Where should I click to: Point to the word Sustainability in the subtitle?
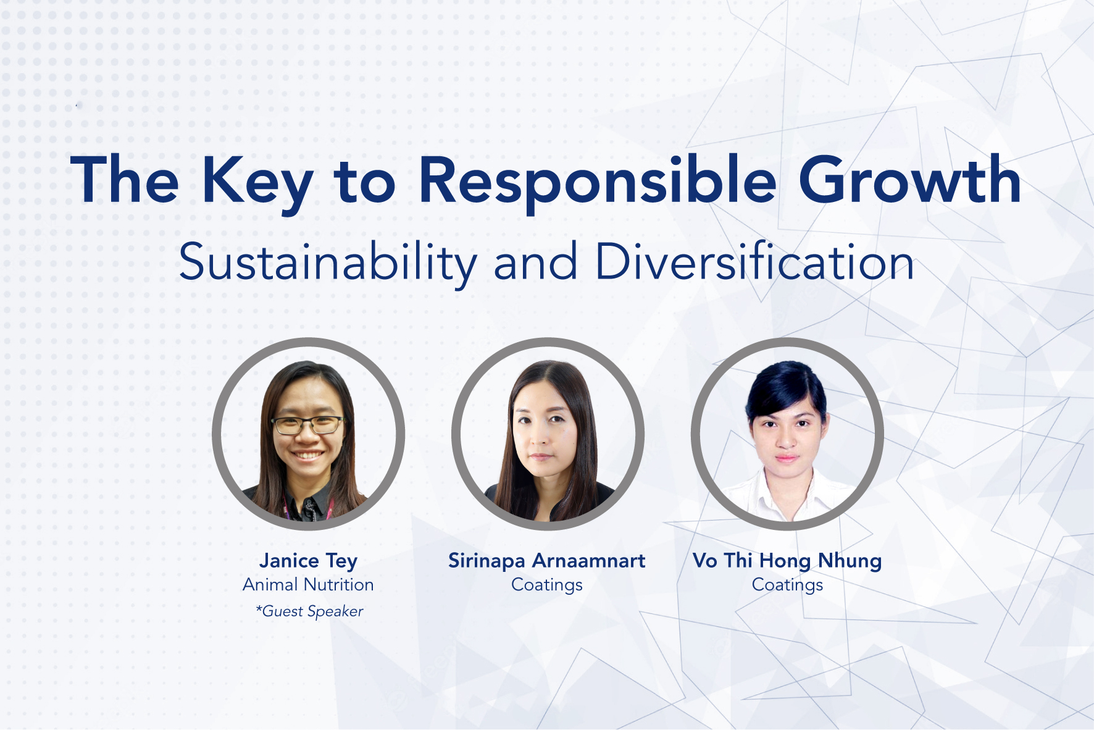coord(327,262)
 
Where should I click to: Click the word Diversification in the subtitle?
coord(754,262)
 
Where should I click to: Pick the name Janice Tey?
coord(308,561)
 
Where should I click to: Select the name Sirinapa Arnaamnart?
coord(547,561)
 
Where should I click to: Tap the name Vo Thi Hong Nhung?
coord(787,561)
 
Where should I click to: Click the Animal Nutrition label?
coord(308,584)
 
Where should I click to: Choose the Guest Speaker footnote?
coord(310,611)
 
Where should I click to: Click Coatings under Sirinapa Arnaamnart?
coord(547,584)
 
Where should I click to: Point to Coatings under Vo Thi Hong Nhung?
coord(787,584)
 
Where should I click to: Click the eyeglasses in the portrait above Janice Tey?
coord(307,425)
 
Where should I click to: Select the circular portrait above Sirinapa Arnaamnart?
coord(548,434)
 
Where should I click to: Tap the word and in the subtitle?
coord(535,262)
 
